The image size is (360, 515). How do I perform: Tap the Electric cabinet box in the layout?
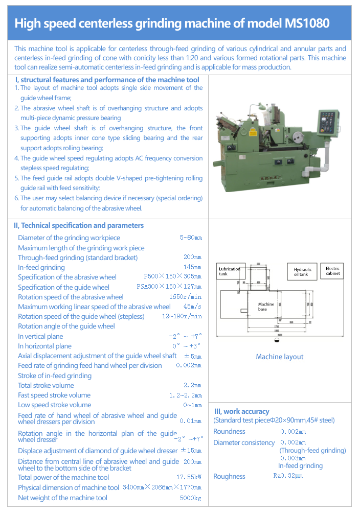332,271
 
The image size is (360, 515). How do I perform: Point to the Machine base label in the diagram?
266,307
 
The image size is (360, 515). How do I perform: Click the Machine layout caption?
280,357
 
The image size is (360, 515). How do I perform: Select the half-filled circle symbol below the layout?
277,339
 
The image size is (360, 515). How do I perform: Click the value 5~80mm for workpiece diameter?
191,238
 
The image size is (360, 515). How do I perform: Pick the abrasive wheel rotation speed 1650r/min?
185,297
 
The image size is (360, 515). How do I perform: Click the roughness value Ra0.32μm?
288,476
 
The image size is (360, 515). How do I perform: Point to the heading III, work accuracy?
241,411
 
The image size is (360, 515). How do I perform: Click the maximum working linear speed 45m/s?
192,307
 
